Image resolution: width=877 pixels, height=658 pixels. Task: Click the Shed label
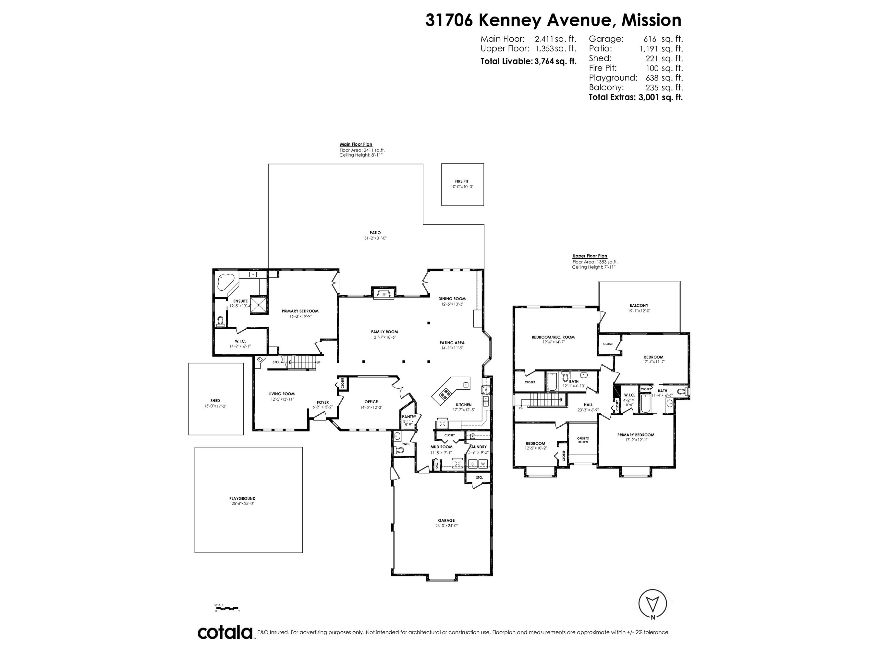pos(215,401)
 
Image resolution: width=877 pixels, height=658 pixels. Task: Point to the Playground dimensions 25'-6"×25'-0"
pos(243,503)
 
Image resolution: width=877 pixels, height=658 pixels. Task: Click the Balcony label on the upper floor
pos(639,305)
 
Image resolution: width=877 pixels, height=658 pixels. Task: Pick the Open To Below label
pos(583,440)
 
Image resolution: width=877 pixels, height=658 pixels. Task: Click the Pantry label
pos(409,416)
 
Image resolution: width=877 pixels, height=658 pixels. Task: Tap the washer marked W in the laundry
pos(483,464)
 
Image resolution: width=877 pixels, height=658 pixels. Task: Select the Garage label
pos(446,520)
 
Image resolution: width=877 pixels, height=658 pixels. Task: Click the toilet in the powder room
pos(398,450)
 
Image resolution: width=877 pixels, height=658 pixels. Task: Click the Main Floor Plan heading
pos(356,144)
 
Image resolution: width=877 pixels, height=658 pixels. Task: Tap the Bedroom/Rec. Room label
pos(553,337)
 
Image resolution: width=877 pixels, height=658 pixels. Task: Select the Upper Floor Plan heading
pos(590,256)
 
